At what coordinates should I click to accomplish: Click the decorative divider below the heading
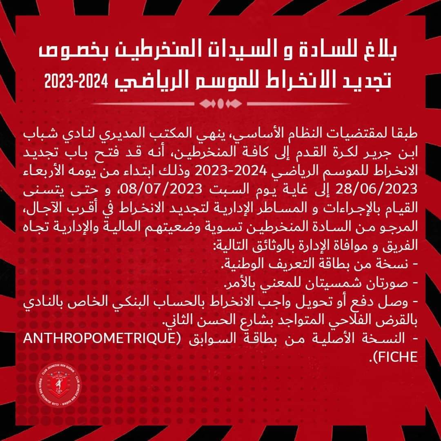pos(220,103)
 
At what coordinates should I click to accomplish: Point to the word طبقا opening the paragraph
pos(404,134)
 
